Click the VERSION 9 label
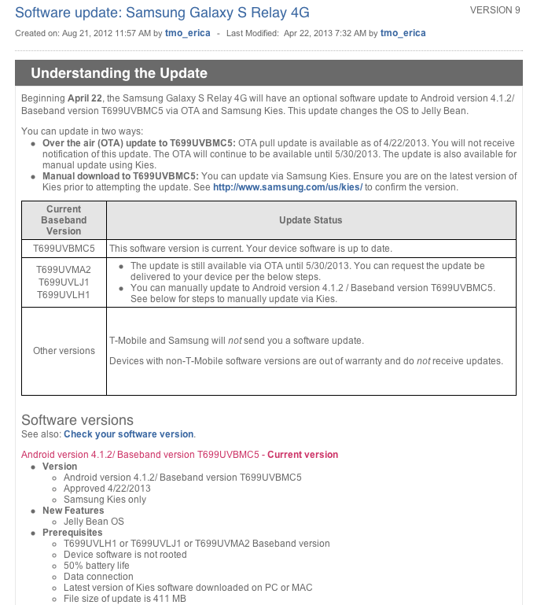tap(495, 10)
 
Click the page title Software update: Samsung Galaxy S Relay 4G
tap(162, 13)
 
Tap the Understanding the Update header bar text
tap(119, 73)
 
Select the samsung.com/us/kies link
tap(287, 187)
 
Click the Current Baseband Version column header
tap(64, 220)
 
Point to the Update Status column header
tap(311, 220)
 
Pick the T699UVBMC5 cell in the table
tap(64, 248)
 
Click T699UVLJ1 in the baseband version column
tap(64, 282)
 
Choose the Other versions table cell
tap(64, 351)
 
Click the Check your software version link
tap(128, 434)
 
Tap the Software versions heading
tap(77, 420)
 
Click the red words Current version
tap(303, 455)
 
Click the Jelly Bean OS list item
tap(94, 522)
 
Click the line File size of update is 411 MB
tap(124, 599)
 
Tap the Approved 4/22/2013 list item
tap(107, 489)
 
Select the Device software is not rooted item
tap(125, 555)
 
